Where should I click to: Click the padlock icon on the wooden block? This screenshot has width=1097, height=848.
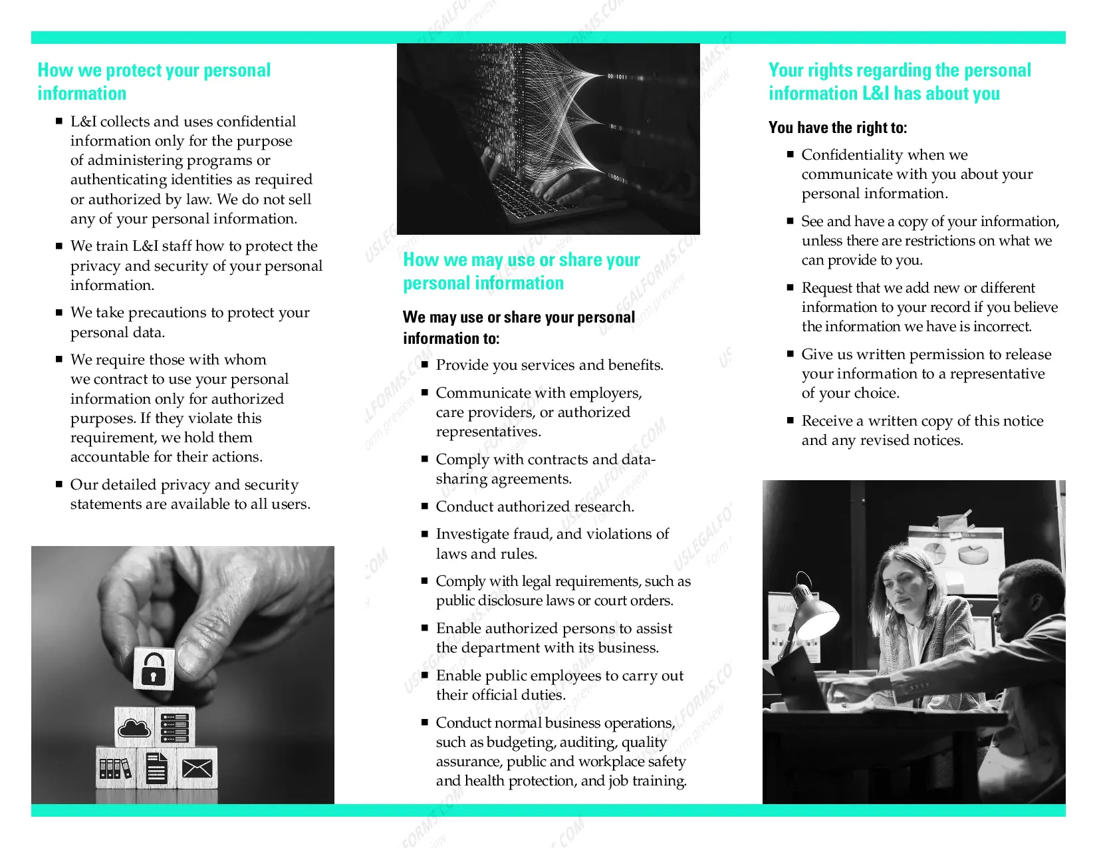[x=153, y=670]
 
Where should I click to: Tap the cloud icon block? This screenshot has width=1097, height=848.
[x=134, y=727]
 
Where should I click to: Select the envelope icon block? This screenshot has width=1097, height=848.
[x=197, y=768]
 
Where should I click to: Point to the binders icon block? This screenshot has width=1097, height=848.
[x=115, y=768]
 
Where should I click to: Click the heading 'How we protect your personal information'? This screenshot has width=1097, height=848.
[x=154, y=82]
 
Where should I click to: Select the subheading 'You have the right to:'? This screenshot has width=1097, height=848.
[x=838, y=128]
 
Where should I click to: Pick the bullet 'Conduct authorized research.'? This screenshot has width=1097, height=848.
[x=535, y=507]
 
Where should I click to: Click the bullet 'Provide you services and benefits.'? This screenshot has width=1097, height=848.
[x=550, y=365]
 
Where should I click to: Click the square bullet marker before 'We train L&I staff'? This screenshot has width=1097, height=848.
[x=59, y=247]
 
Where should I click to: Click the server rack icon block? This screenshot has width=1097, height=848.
[x=175, y=727]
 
